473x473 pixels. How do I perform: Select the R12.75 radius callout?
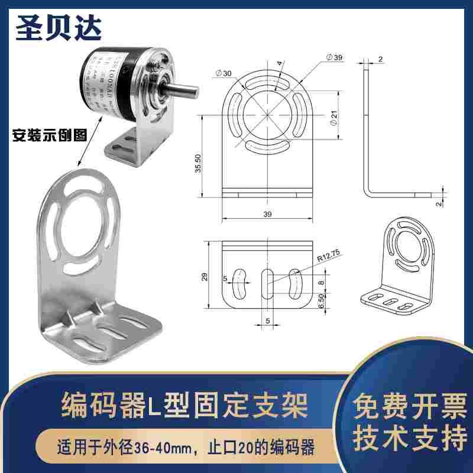328,258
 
